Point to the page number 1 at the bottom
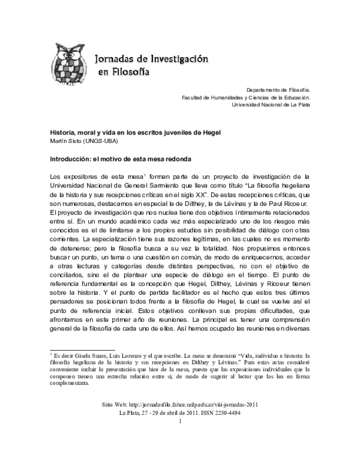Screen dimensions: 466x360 (180, 440)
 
